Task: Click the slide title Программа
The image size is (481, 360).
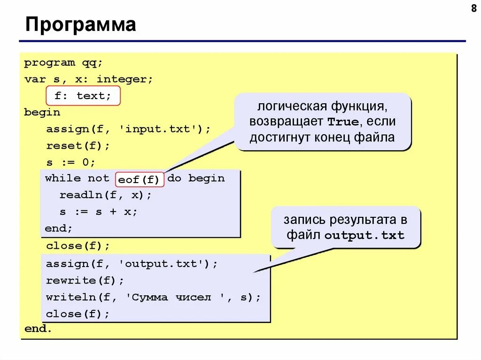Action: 81,25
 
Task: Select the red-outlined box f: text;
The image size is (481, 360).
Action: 83,96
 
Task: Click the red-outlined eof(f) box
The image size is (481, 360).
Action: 139,179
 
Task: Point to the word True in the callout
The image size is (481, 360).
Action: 342,122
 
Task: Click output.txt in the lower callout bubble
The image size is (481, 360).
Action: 365,236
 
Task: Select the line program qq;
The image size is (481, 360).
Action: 63,63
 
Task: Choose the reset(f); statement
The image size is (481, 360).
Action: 78,146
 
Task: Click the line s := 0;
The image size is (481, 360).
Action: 70,162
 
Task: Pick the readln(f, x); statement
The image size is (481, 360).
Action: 106,195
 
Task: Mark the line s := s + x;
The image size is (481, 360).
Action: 99,212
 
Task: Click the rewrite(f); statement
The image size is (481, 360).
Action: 85,281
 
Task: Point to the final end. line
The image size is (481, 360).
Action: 38,329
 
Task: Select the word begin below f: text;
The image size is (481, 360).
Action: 42,113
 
